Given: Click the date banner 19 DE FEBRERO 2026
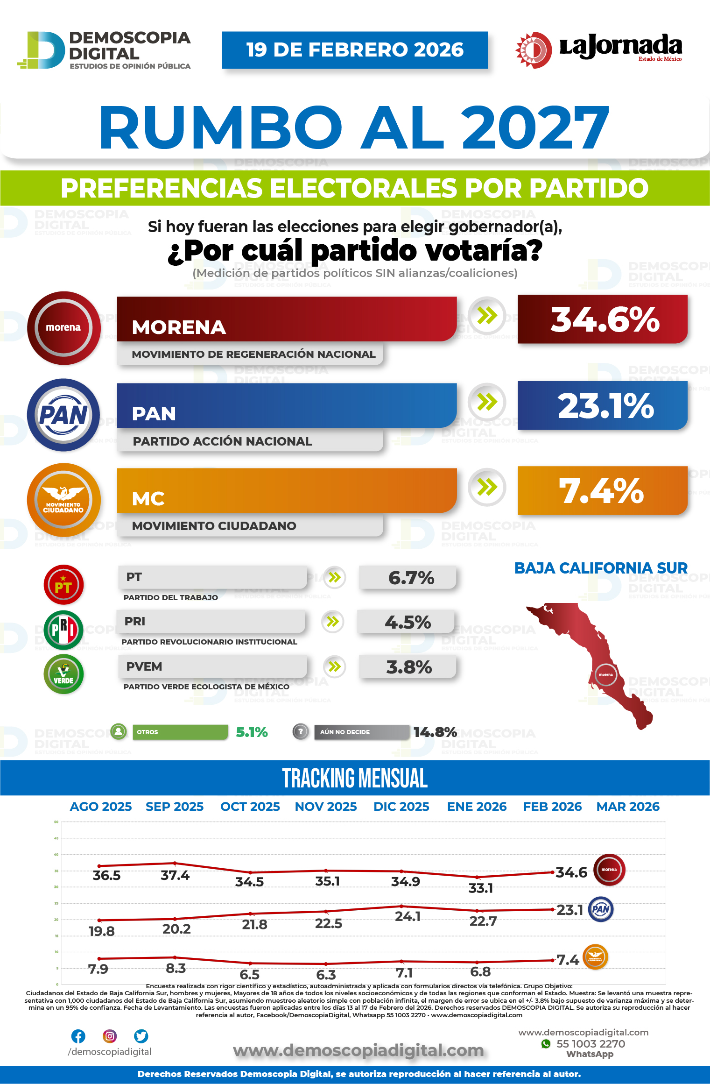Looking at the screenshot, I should click(355, 50).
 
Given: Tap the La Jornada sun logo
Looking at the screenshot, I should click(534, 50).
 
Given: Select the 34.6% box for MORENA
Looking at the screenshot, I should click(603, 319).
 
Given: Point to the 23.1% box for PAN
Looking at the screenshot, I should click(603, 405).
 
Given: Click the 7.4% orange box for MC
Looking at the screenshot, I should click(603, 491).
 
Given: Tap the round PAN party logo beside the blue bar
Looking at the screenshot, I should click(63, 415).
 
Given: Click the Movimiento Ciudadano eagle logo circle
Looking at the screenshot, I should click(63, 500).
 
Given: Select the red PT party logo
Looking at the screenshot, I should click(63, 585).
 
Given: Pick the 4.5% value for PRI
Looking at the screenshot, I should click(407, 622).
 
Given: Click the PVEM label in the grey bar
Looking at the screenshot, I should click(144, 666).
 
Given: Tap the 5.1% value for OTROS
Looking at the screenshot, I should click(252, 732).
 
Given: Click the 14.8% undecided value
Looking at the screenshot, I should click(435, 732).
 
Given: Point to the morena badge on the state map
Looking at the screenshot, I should click(606, 674).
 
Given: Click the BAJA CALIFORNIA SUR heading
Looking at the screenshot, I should click(601, 568).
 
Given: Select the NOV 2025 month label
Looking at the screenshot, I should click(326, 807).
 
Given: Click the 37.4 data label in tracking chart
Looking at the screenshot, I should click(175, 875).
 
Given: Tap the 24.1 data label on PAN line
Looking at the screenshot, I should click(408, 916).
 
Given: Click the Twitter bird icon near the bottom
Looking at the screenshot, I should click(141, 1036).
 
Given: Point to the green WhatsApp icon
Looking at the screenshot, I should click(546, 1043).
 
